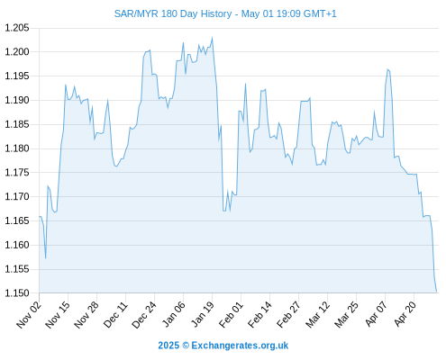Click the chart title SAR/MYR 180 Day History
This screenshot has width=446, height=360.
pos(173,13)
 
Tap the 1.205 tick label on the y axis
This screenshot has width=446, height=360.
pos(17,28)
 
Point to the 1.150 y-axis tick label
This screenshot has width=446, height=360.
pos(17,293)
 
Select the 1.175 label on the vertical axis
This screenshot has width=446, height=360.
pos(17,173)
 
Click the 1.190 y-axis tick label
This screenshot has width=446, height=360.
pos(17,100)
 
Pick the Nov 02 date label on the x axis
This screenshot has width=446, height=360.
pos(29,314)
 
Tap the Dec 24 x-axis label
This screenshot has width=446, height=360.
pos(144,314)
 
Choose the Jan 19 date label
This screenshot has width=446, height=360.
pos(203,314)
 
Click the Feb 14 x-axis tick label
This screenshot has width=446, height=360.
pos(259,314)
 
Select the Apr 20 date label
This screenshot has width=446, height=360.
pos(405,314)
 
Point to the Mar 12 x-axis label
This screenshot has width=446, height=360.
pos(318,314)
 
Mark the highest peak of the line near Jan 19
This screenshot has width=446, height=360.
pos(213,38)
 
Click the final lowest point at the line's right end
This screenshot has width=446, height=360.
pos(436,292)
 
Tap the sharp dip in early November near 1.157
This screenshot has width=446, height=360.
pos(46,258)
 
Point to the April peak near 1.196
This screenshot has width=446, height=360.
pos(387,69)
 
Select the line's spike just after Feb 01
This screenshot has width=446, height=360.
pos(245,84)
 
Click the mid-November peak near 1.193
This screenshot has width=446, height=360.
pos(66,85)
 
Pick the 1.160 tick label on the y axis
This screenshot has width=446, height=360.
pos(17,245)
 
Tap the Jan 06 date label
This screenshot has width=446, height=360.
pos(173,314)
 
